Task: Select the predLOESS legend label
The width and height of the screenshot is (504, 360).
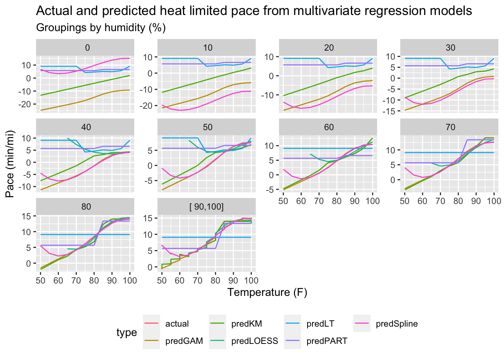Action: point(255,341)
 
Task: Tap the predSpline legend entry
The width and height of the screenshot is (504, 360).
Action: point(397,324)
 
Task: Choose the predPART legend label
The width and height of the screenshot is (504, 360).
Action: point(327,341)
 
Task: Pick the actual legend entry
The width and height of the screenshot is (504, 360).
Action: point(177,324)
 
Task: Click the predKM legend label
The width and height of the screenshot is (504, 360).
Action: point(246,324)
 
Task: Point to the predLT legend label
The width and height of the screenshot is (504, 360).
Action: point(320,324)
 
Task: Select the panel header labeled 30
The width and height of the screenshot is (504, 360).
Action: point(450,48)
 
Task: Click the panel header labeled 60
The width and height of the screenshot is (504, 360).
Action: point(329,127)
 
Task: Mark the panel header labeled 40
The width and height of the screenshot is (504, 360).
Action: point(86,127)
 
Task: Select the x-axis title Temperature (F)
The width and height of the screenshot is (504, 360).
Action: point(267,292)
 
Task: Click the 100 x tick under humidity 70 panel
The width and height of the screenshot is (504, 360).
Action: point(494,201)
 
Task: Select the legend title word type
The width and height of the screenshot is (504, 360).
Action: point(126,333)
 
